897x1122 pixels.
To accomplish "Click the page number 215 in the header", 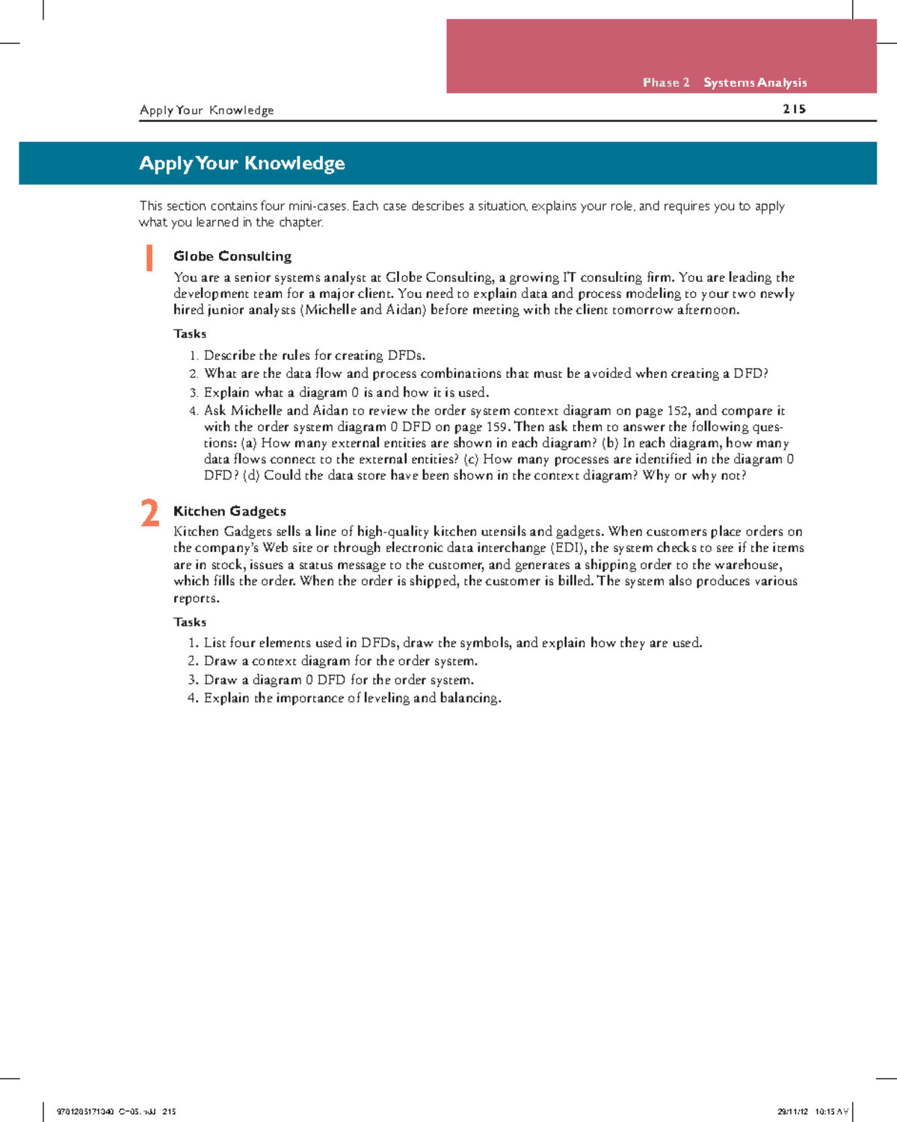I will [x=794, y=109].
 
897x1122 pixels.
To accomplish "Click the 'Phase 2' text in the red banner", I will [x=665, y=82].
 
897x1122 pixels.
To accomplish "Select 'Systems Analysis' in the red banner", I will [x=755, y=82].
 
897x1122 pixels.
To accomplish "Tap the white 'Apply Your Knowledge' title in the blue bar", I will [x=241, y=163].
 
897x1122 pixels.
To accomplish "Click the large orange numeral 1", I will [x=149, y=258].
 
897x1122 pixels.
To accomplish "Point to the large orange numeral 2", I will [x=150, y=514].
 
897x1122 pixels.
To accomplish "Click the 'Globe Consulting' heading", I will [x=232, y=256].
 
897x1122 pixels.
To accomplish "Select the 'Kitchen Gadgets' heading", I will [x=229, y=511].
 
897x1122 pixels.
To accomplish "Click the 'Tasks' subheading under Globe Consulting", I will [x=190, y=334].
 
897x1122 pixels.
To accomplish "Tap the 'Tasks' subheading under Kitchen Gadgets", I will [x=190, y=622].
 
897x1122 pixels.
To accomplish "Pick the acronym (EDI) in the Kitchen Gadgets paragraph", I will [x=568, y=548].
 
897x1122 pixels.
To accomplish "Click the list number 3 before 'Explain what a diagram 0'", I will [x=193, y=393].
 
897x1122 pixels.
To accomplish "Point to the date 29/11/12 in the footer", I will [x=792, y=1112].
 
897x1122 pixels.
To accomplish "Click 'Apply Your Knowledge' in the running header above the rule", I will [x=206, y=110].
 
